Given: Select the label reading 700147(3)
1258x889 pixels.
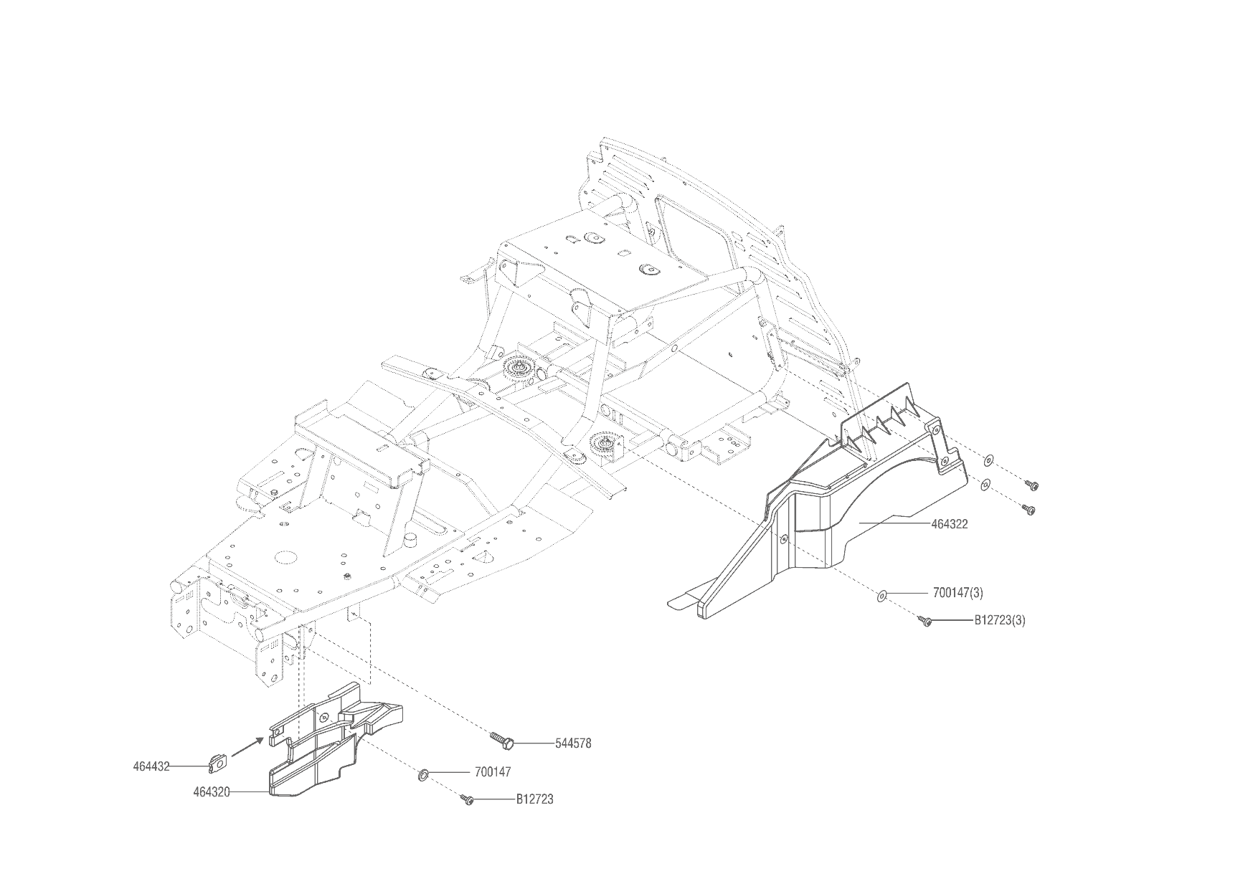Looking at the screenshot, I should (x=957, y=593).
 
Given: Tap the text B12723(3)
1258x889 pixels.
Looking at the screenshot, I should (x=999, y=620).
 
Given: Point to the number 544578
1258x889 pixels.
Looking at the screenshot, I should (x=573, y=743).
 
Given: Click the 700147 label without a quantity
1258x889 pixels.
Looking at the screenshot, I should (x=493, y=772).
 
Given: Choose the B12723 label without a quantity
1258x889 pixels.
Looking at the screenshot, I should (x=534, y=799).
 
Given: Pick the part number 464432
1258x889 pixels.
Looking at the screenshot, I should (x=151, y=766).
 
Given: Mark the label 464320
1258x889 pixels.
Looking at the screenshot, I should (x=212, y=792).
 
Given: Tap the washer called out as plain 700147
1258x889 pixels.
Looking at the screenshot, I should (x=423, y=774).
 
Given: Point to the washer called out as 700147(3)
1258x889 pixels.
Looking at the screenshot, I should (x=881, y=594).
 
